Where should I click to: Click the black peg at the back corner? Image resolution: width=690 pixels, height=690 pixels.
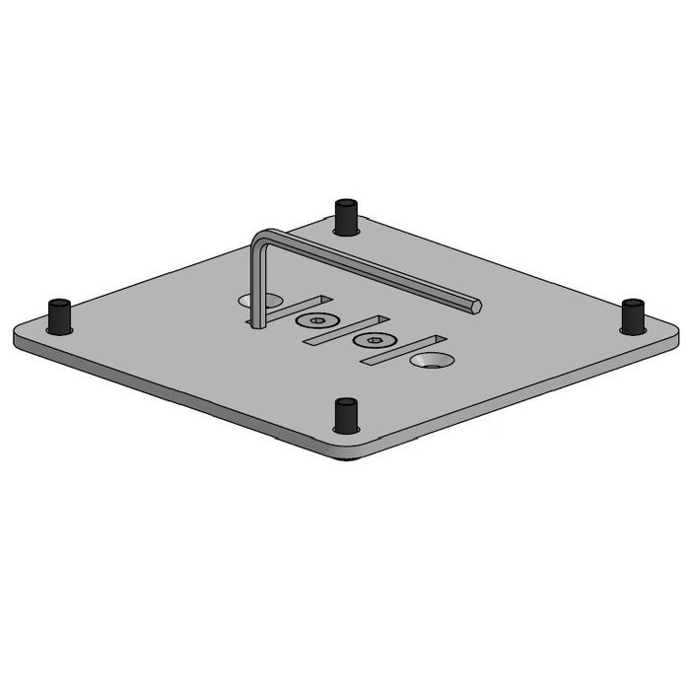click(x=344, y=216)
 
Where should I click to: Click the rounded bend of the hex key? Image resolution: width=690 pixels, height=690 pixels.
click(x=260, y=238)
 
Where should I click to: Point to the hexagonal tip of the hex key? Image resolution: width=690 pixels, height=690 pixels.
click(x=478, y=306)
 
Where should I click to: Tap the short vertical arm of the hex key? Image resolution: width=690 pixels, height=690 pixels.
click(x=255, y=286)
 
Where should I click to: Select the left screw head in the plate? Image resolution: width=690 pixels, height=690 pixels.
click(x=317, y=322)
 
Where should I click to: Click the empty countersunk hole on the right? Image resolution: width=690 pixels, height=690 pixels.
click(x=431, y=362)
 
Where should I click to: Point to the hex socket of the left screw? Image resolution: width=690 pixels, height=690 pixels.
click(x=317, y=321)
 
